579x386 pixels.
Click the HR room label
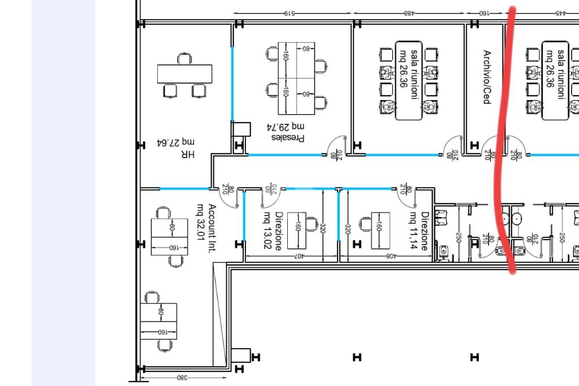pos(188,154)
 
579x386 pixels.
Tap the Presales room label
pos(288,138)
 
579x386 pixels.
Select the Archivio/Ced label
pos(487,77)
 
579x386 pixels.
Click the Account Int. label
pos(212,228)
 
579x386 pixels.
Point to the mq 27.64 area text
pos(176,142)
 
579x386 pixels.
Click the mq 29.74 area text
pos(286,127)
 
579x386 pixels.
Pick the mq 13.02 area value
pos(267,230)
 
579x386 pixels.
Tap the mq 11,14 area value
pos(413,230)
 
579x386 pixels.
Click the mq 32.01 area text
pos(201,222)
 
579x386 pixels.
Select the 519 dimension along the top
pos(289,14)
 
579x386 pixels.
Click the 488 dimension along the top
pos(408,14)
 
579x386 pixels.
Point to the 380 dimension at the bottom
pos(183,378)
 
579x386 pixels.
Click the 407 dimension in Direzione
pos(299,256)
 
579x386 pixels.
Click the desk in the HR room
pos(185,74)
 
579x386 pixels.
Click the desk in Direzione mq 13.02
pos(297,231)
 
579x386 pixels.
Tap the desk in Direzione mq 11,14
pos(381,231)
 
